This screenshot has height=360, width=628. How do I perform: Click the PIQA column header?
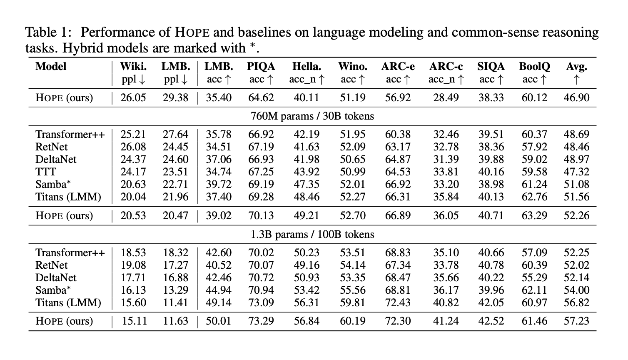(261, 67)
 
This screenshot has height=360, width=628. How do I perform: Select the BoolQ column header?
(534, 67)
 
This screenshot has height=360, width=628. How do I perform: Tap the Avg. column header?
(576, 67)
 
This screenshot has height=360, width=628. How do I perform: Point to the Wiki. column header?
(133, 67)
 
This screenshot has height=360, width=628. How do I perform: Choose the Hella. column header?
(307, 67)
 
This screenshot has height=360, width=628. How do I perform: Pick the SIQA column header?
(491, 67)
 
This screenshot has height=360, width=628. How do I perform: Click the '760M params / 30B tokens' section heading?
(312, 116)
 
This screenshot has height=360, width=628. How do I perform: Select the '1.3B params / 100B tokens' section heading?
(312, 235)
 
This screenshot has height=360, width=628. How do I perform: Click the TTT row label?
(46, 172)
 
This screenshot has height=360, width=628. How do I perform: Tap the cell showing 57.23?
(577, 321)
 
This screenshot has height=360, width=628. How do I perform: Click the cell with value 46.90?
(577, 98)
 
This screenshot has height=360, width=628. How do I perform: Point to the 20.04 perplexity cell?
(133, 197)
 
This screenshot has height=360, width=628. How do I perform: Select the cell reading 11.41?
(176, 302)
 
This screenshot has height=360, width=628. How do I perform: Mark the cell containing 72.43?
(398, 302)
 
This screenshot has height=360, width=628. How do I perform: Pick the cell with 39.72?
(219, 184)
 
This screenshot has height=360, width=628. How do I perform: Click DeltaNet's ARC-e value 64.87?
(398, 159)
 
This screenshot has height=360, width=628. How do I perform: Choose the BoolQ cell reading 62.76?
(534, 197)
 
